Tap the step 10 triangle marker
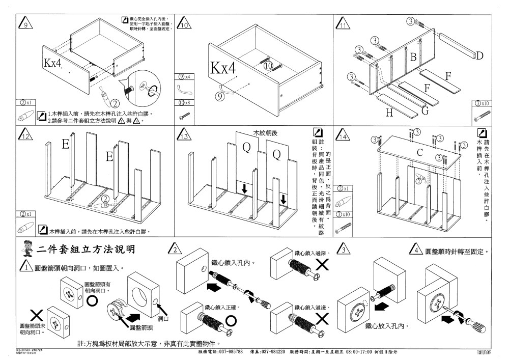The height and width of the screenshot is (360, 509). coord(185,24)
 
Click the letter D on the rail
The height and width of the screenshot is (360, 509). coord(479,55)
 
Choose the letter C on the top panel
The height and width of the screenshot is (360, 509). coord(420,152)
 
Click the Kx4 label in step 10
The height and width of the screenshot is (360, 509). coord(223,69)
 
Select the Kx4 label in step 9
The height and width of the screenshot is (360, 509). coord(52,63)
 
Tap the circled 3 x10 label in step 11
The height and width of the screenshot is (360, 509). coord(482,103)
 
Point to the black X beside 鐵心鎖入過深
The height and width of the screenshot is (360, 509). coord(322,264)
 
